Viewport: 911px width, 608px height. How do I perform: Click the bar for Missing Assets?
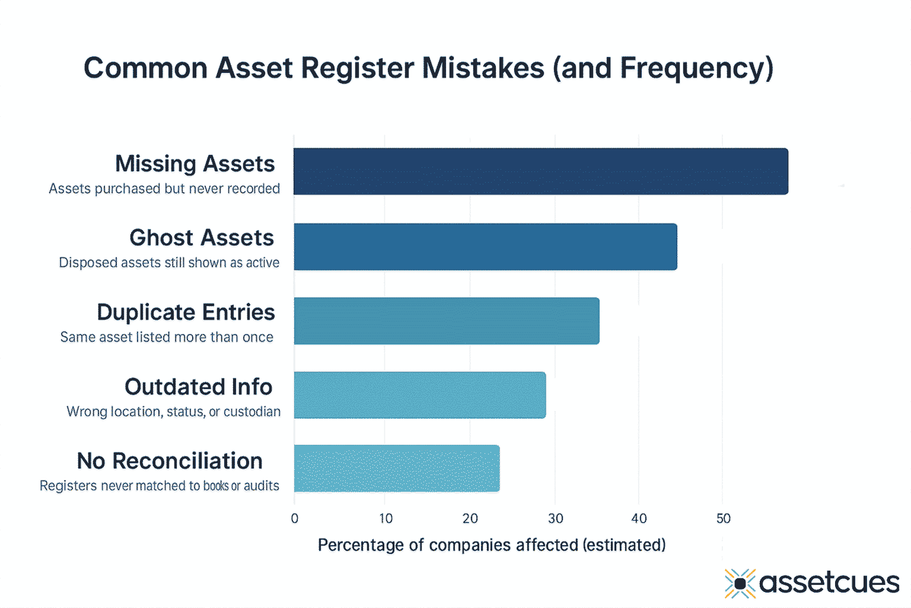click(540, 171)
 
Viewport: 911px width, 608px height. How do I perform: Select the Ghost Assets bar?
click(485, 247)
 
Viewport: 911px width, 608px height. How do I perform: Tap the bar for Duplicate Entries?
click(446, 321)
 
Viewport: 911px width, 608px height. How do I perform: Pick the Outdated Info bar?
click(419, 395)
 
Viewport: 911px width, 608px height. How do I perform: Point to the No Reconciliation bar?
click(396, 469)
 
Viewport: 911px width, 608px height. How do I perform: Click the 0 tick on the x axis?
click(295, 518)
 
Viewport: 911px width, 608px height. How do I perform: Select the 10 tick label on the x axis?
click(386, 518)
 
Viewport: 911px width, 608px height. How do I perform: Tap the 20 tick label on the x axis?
click(470, 518)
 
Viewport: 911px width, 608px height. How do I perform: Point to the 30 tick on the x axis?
click(556, 518)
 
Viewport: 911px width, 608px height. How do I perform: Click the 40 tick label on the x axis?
click(639, 518)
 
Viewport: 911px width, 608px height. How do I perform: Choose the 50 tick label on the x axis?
click(723, 518)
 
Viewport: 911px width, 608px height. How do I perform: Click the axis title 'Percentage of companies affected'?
click(491, 545)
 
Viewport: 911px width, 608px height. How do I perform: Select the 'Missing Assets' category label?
click(195, 164)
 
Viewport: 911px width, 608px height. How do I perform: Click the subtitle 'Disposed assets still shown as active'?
click(169, 263)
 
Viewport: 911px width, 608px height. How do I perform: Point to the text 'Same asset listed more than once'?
click(167, 337)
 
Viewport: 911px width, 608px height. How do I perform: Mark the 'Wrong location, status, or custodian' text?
click(173, 412)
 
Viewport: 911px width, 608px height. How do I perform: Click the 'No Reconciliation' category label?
click(170, 461)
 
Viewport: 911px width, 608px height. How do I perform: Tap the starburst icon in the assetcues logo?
click(740, 584)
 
